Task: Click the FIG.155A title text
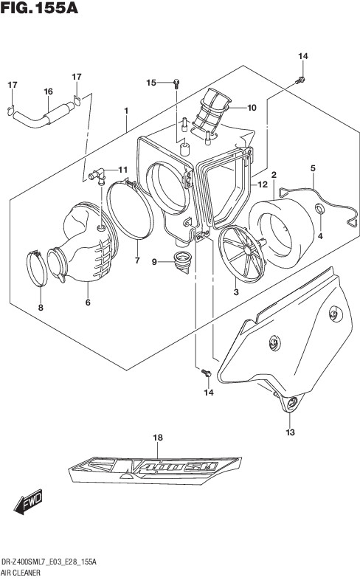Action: tap(39, 8)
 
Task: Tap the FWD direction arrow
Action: tap(29, 502)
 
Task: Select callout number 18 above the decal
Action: tap(158, 438)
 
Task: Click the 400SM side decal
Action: tap(155, 470)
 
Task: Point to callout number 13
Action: tap(290, 432)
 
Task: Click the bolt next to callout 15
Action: tap(176, 83)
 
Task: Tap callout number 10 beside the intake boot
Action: tap(252, 108)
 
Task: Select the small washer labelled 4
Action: tap(319, 209)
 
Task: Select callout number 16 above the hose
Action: tap(49, 92)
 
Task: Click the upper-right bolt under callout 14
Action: tap(300, 80)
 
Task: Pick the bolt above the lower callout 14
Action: tap(206, 373)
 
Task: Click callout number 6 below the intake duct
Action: tap(88, 303)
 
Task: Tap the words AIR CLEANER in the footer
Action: tap(21, 573)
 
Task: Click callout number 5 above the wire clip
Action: tap(313, 168)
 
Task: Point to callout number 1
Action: tap(126, 111)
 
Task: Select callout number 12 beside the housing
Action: tap(263, 184)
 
